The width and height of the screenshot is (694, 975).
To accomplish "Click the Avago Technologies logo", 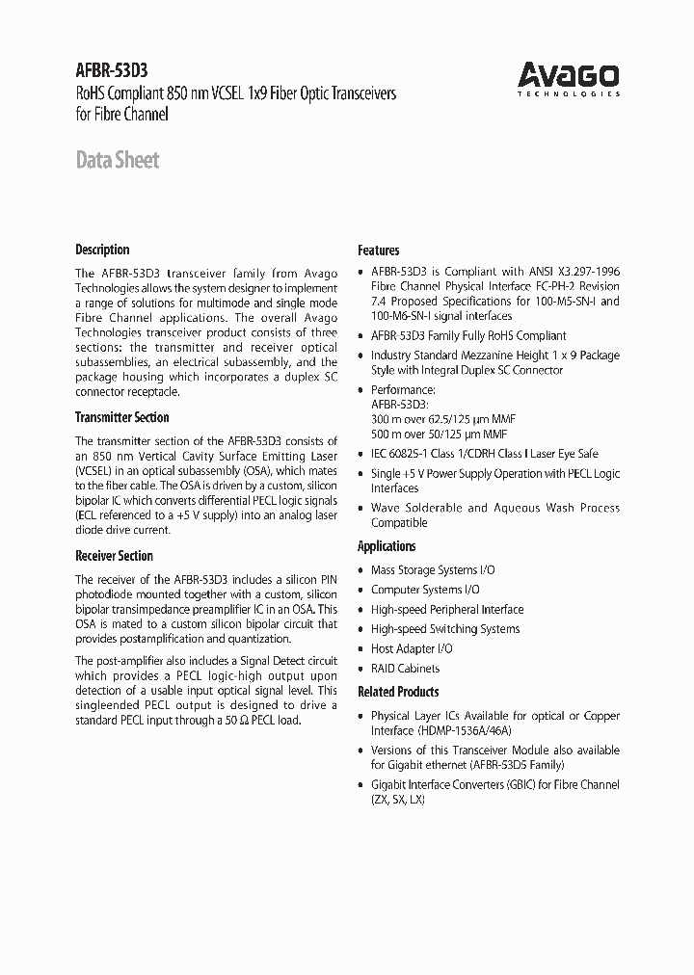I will pyautogui.click(x=570, y=78).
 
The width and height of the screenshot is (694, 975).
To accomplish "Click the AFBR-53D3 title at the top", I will pyautogui.click(x=111, y=69).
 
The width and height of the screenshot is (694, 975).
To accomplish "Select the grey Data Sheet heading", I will pyautogui.click(x=117, y=161).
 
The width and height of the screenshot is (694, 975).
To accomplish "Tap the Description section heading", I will pyautogui.click(x=102, y=250).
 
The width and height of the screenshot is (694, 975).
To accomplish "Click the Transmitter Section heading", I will pyautogui.click(x=121, y=417).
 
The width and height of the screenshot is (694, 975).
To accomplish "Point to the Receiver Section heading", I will pyautogui.click(x=114, y=556).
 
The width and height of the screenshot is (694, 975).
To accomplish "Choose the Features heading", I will pyautogui.click(x=378, y=250).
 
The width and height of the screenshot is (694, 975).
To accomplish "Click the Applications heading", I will pyautogui.click(x=387, y=546).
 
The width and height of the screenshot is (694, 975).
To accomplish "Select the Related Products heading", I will pyautogui.click(x=398, y=692).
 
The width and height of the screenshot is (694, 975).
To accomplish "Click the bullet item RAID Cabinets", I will pyautogui.click(x=405, y=669).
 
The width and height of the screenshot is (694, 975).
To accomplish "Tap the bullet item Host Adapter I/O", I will pyautogui.click(x=412, y=649).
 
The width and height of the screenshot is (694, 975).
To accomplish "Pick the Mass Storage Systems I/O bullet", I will pyautogui.click(x=433, y=570).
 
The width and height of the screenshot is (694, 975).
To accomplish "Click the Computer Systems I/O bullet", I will pyautogui.click(x=425, y=590).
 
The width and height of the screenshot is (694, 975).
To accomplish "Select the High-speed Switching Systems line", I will pyautogui.click(x=445, y=629).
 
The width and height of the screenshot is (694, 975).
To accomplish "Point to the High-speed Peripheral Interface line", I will pyautogui.click(x=447, y=610).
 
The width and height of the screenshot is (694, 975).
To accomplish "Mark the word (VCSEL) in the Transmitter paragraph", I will pyautogui.click(x=96, y=471).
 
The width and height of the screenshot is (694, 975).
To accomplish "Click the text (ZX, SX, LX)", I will pyautogui.click(x=397, y=800).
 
